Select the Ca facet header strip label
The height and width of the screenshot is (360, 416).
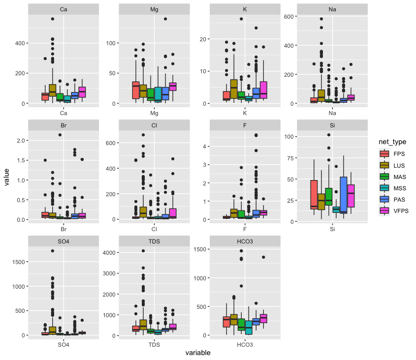[x=64, y=9]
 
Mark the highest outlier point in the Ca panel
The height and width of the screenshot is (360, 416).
[x=52, y=19]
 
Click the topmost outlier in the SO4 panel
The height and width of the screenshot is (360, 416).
[x=52, y=251]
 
